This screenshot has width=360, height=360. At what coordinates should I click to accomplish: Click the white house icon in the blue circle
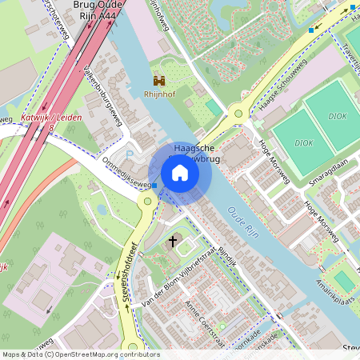click(x=180, y=172)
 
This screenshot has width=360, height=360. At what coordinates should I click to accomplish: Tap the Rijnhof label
click(x=159, y=93)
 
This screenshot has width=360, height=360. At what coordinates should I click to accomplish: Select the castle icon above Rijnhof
click(x=159, y=81)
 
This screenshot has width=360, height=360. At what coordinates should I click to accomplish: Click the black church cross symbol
click(x=172, y=240)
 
